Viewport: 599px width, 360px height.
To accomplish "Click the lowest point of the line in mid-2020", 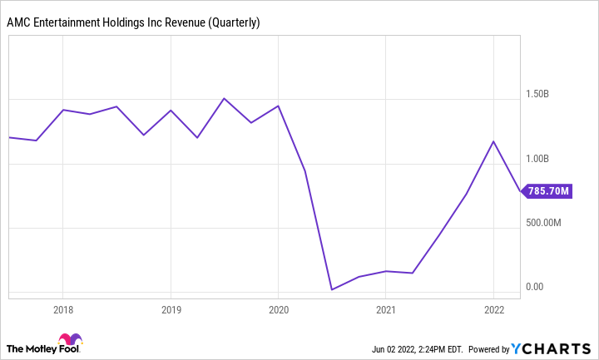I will [332, 289].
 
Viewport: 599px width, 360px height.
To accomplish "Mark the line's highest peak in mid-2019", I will [224, 98].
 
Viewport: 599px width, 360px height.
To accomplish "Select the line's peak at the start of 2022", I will [493, 141].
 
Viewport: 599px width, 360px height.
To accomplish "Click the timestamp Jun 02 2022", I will [389, 348].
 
